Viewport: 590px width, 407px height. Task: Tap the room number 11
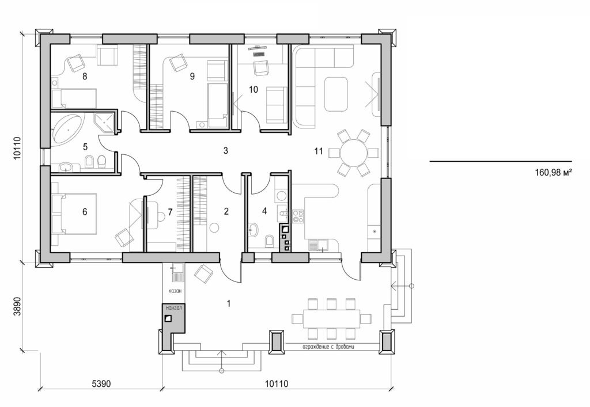point(319,151)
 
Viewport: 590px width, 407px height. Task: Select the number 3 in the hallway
point(226,151)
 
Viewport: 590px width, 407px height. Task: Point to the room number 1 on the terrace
point(229,303)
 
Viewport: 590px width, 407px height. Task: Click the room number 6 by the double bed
point(85,212)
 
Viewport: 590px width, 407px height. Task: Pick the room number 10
point(253,89)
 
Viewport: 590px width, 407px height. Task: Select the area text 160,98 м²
point(553,172)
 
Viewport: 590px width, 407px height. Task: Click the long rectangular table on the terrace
point(326,318)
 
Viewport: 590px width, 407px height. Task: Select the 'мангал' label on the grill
point(173,309)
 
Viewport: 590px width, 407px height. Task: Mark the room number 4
point(264,211)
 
